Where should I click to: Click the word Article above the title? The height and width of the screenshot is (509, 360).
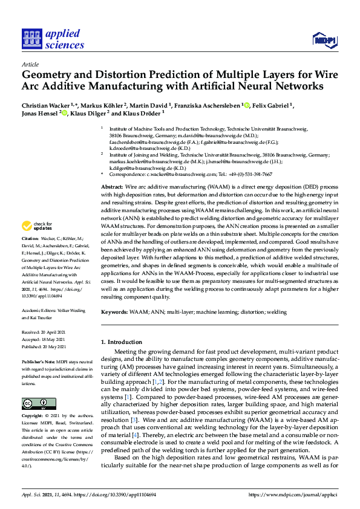click(30, 64)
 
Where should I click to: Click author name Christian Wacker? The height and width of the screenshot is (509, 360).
click(44, 105)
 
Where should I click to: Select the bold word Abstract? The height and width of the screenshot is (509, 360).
click(113, 171)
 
